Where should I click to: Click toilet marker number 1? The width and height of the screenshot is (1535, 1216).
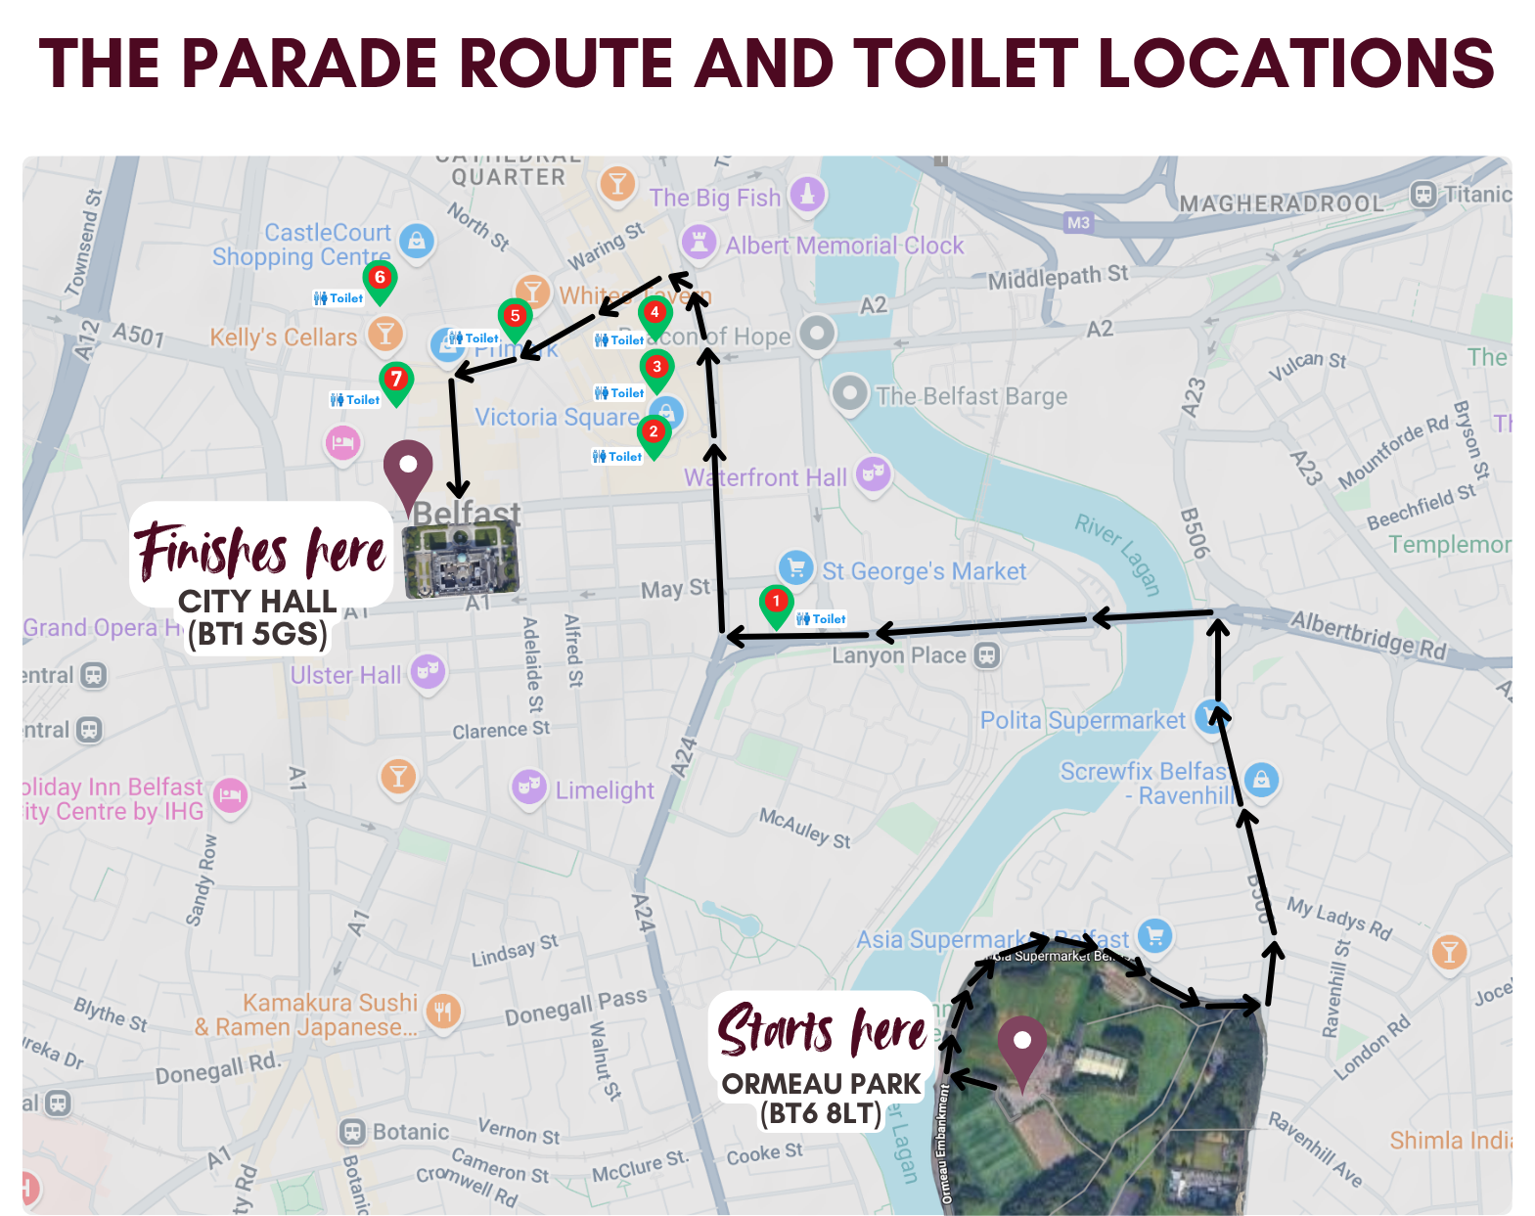776,604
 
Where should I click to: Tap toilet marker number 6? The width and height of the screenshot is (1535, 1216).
380,281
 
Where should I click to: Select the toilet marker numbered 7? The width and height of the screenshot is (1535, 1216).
396,382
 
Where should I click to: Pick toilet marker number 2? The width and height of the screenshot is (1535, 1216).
654,434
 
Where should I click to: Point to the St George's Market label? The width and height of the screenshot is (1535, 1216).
924,571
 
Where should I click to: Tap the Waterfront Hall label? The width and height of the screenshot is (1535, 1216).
765,477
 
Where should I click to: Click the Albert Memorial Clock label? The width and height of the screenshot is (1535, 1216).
844,246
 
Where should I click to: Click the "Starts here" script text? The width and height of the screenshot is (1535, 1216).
822,1031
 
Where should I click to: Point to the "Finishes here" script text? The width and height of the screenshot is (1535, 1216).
260,551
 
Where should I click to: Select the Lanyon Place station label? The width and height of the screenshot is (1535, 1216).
899,655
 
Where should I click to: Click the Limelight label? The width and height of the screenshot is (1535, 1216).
605,790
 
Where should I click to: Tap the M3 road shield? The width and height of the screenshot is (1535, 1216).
1078,223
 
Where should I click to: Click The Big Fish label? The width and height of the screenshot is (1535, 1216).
715,198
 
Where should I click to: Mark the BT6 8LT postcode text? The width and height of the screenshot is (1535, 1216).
821,1113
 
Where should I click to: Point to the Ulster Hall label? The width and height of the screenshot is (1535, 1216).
345,675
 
